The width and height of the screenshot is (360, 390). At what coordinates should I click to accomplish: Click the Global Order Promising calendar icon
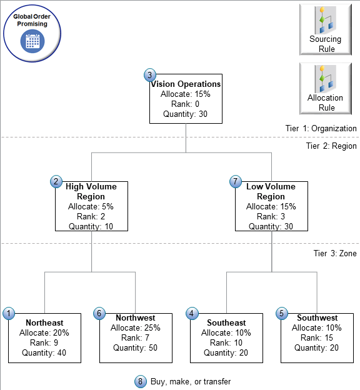(31, 41)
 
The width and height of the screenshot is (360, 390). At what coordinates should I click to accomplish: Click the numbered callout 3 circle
(149, 75)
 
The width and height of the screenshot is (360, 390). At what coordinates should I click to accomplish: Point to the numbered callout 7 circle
(236, 181)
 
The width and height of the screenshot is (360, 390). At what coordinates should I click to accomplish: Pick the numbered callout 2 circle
(56, 181)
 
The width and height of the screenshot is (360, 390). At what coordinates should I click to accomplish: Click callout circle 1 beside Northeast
(9, 313)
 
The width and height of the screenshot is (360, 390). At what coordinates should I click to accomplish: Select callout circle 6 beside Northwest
(99, 313)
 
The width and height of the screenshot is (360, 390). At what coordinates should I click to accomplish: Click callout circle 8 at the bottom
(139, 381)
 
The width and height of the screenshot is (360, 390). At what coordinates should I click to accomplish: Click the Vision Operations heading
(186, 84)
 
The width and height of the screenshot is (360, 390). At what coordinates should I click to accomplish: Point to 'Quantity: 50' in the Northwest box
(135, 347)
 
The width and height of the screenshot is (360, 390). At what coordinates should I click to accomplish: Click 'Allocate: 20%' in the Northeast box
(44, 332)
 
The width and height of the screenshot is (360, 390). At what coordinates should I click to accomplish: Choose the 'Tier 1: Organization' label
(321, 128)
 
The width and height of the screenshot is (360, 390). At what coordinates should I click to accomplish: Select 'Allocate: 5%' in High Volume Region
(91, 206)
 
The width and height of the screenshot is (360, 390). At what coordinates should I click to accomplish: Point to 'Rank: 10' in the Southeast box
(226, 342)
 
